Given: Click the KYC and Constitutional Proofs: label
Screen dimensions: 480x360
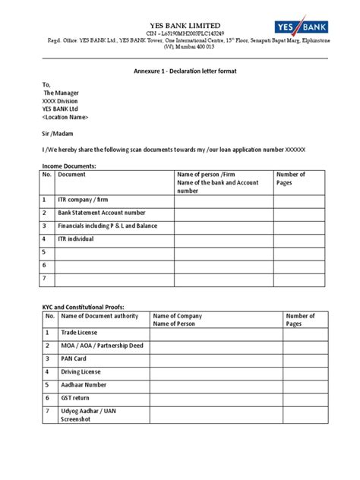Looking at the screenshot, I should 82,307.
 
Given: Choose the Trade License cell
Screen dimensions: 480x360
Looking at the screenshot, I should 81,333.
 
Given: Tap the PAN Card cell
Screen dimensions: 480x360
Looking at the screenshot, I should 75,359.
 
